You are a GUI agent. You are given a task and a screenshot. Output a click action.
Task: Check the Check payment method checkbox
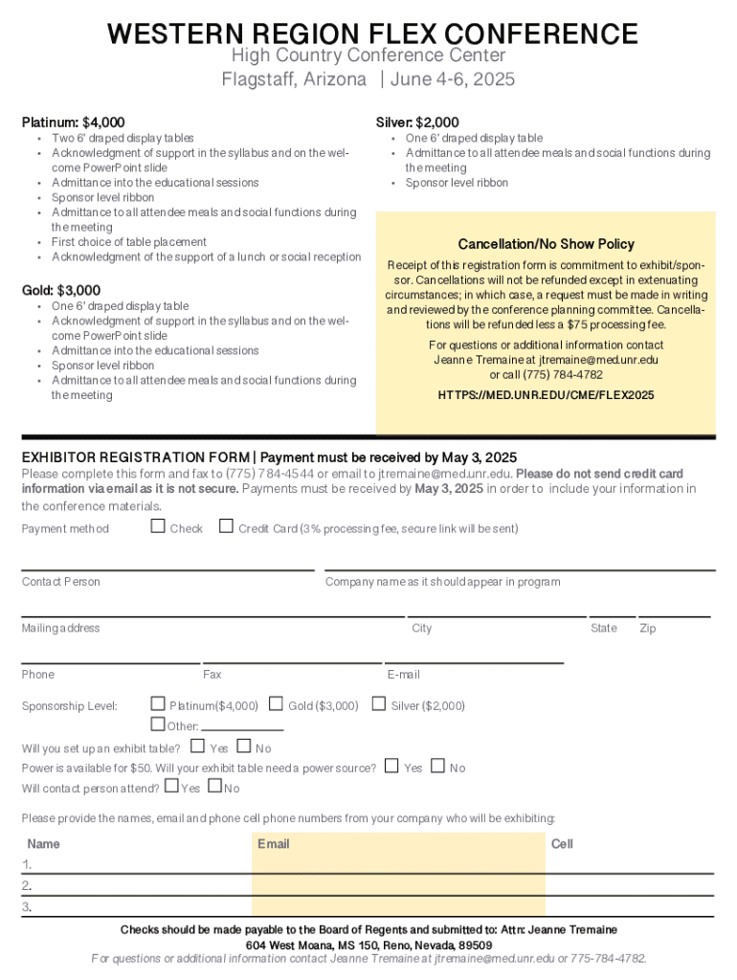[x=158, y=525]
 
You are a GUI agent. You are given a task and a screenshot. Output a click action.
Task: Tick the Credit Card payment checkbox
[x=227, y=525]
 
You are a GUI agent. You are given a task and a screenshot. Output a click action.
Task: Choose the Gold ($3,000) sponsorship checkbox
[x=277, y=705]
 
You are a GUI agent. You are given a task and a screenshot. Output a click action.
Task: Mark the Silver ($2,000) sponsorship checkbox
[x=380, y=705]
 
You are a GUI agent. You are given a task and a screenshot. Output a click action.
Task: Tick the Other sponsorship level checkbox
[x=159, y=724]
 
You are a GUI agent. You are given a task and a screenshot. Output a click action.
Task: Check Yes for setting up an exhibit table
[x=198, y=746]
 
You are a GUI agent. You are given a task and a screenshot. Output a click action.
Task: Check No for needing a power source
[x=437, y=766]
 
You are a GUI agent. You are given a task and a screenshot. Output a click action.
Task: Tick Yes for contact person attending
[x=171, y=787]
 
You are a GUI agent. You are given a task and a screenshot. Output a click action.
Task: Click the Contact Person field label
[x=61, y=582]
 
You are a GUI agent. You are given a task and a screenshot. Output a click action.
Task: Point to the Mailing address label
[x=61, y=628]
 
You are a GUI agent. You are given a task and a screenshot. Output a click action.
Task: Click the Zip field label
[x=648, y=628]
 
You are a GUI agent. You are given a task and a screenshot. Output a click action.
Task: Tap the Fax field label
[x=212, y=675]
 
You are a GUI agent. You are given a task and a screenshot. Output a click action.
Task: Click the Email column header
[x=273, y=844]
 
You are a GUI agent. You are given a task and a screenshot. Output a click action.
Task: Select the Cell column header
[x=562, y=844]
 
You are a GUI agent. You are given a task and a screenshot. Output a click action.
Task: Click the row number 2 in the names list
[x=27, y=885]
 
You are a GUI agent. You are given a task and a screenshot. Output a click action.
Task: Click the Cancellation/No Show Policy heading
[x=546, y=244]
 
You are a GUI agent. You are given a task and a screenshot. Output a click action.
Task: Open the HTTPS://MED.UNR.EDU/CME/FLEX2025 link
[x=546, y=394]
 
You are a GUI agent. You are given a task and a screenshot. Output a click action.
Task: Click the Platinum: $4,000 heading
[x=74, y=122]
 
